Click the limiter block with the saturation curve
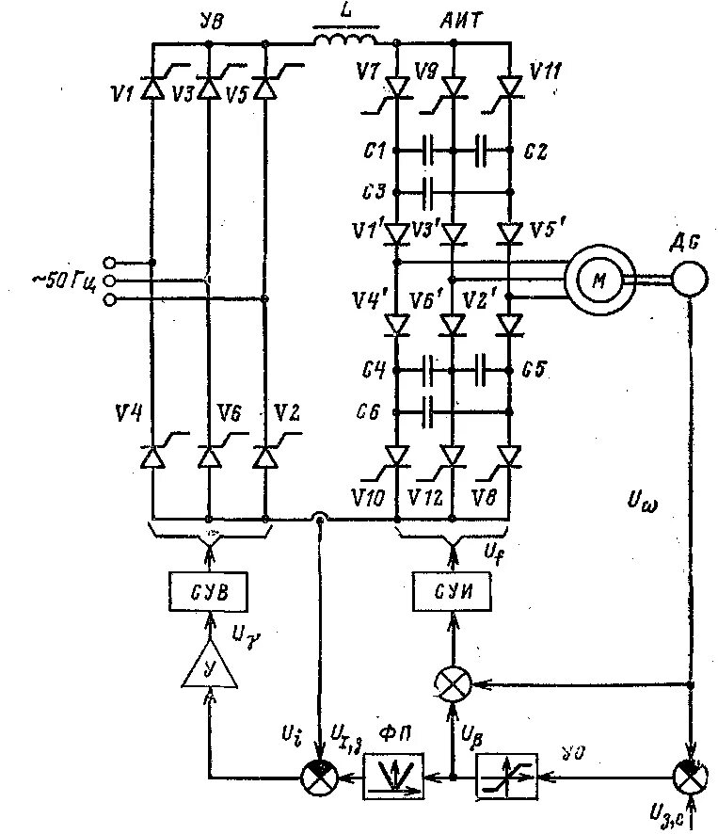(x=507, y=778)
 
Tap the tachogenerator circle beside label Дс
(x=689, y=277)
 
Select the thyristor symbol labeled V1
(x=152, y=88)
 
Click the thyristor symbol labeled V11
(x=510, y=87)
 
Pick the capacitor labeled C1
(x=427, y=149)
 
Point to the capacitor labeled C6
(x=427, y=410)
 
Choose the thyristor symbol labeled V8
(x=510, y=457)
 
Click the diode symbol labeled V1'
(x=396, y=232)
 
